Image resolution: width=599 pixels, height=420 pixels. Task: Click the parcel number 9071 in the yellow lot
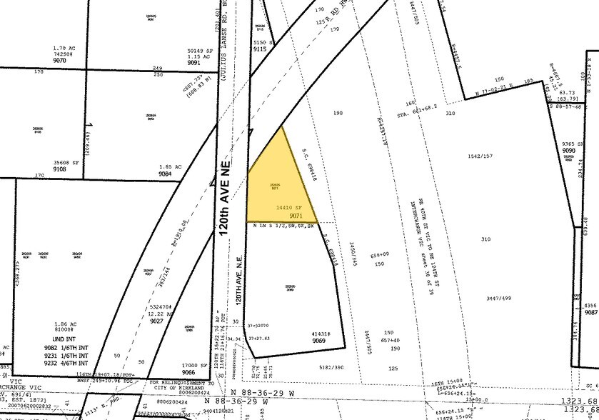297,216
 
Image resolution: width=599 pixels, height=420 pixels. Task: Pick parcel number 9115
259,49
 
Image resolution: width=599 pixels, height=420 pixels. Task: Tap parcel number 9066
188,373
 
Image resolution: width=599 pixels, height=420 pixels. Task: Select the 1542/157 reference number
480,156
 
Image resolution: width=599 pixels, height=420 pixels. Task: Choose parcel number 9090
568,151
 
